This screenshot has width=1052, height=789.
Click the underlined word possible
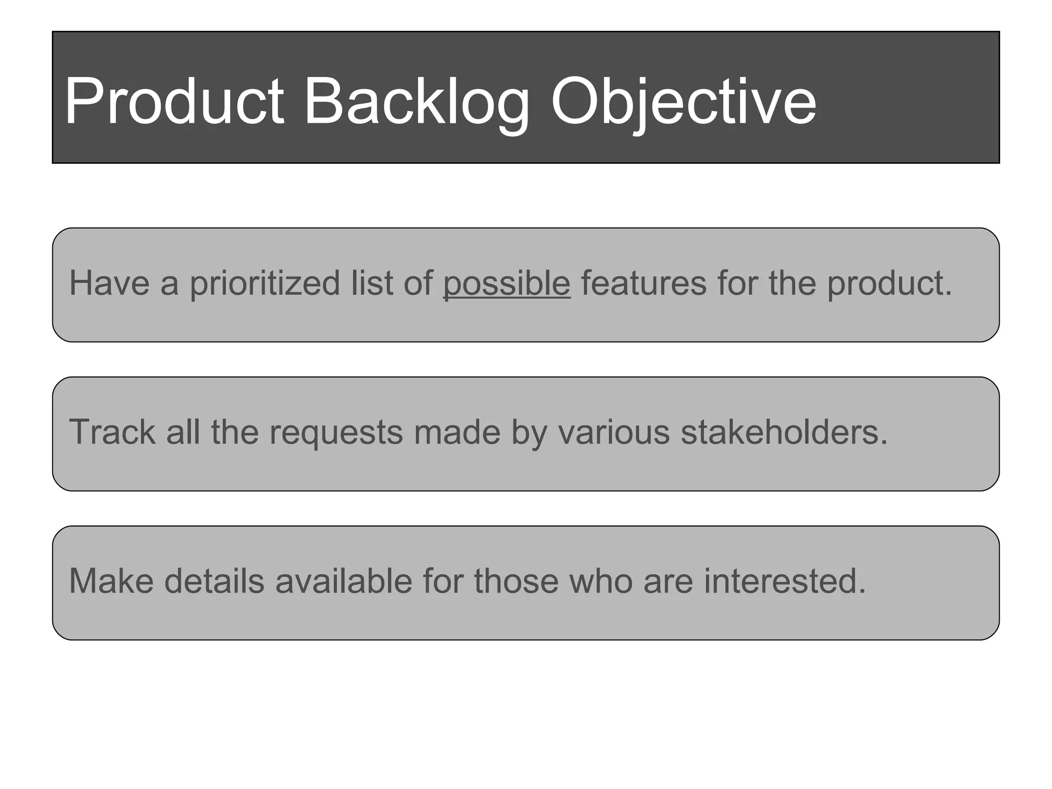pos(506,284)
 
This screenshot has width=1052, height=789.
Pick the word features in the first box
pos(644,284)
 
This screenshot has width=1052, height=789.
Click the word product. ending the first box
pos(889,284)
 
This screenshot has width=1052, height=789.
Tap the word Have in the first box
pos(109,284)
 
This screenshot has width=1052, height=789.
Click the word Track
pos(112,432)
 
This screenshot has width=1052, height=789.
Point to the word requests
pos(336,433)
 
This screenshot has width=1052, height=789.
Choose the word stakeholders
pos(784,432)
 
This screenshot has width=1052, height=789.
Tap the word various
pos(614,432)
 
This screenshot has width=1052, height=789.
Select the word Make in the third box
pos(111,581)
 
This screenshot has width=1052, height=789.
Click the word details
pos(214,581)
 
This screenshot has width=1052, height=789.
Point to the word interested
pos(784,581)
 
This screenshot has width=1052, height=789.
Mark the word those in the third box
pos(516,581)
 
